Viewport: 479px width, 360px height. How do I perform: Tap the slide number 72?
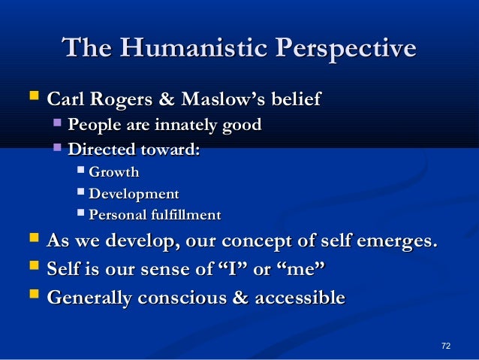click(x=446, y=345)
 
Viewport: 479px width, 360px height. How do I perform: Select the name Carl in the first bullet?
click(x=65, y=99)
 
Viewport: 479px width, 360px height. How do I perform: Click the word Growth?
click(x=114, y=173)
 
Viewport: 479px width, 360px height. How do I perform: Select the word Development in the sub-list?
click(x=134, y=194)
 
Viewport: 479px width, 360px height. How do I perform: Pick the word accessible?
click(x=300, y=298)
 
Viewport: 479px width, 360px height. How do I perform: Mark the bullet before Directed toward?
click(x=58, y=148)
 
